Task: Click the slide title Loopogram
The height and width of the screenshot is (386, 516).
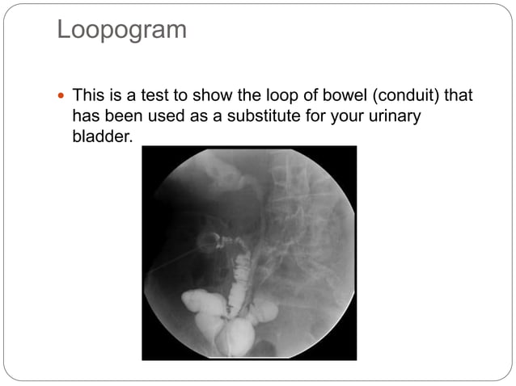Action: point(121,31)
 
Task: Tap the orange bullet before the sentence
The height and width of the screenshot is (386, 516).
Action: point(62,95)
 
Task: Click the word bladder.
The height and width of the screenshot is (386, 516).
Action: point(100,136)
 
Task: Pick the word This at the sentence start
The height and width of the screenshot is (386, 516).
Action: point(89,95)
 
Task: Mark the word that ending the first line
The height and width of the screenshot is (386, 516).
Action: point(458,95)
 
